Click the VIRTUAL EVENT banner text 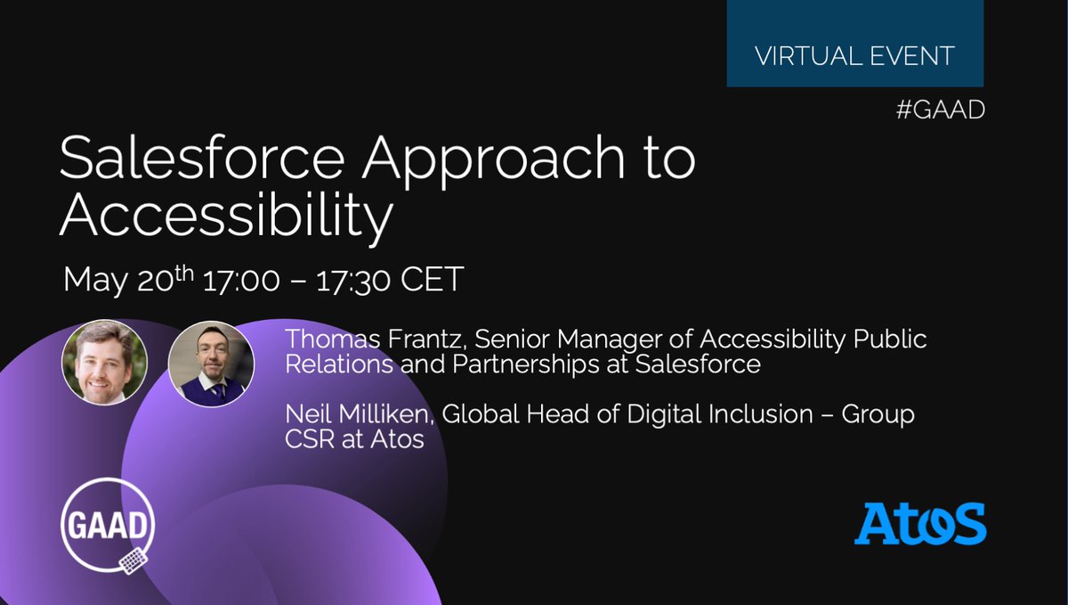pyautogui.click(x=854, y=55)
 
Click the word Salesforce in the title pyautogui.click(x=200, y=161)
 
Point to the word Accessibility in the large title pyautogui.click(x=225, y=217)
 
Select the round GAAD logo pyautogui.click(x=109, y=525)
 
